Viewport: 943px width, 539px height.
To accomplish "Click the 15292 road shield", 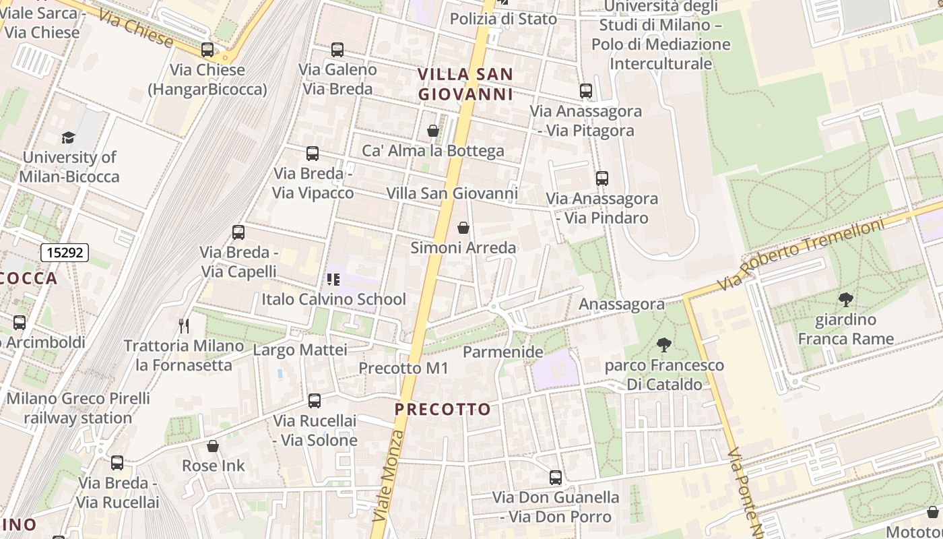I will pos(65,253).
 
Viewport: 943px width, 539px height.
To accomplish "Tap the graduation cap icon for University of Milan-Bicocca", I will pos(69,138).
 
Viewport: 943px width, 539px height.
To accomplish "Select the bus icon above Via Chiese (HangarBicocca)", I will pos(207,50).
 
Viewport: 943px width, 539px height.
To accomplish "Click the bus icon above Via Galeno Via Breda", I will pos(337,50).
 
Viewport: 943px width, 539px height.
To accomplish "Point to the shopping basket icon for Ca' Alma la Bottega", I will pos(433,131).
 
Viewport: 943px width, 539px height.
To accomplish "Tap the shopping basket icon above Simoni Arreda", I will pos(463,228).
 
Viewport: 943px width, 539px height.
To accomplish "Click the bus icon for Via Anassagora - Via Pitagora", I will pos(585,91).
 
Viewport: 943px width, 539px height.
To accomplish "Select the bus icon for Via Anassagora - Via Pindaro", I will pos(601,179).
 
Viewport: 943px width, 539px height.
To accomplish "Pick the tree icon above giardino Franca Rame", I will pos(845,299).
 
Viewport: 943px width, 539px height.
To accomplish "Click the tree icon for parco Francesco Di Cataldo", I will pos(664,346).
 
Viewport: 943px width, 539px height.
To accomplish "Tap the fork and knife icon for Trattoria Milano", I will pos(184,326).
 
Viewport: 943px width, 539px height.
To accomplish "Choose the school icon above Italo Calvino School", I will pos(333,279).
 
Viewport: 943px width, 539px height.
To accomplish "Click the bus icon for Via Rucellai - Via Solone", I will pos(315,401).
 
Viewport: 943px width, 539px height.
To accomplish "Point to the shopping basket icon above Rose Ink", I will pos(213,446).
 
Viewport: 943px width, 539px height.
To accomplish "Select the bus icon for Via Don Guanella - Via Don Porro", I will pos(556,478).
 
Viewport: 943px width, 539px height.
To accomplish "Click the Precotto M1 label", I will pos(403,368).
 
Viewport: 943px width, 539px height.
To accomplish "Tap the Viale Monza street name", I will pos(388,476).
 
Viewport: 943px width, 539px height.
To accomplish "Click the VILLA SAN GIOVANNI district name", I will pos(465,84).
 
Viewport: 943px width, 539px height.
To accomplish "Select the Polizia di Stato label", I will pos(503,19).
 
